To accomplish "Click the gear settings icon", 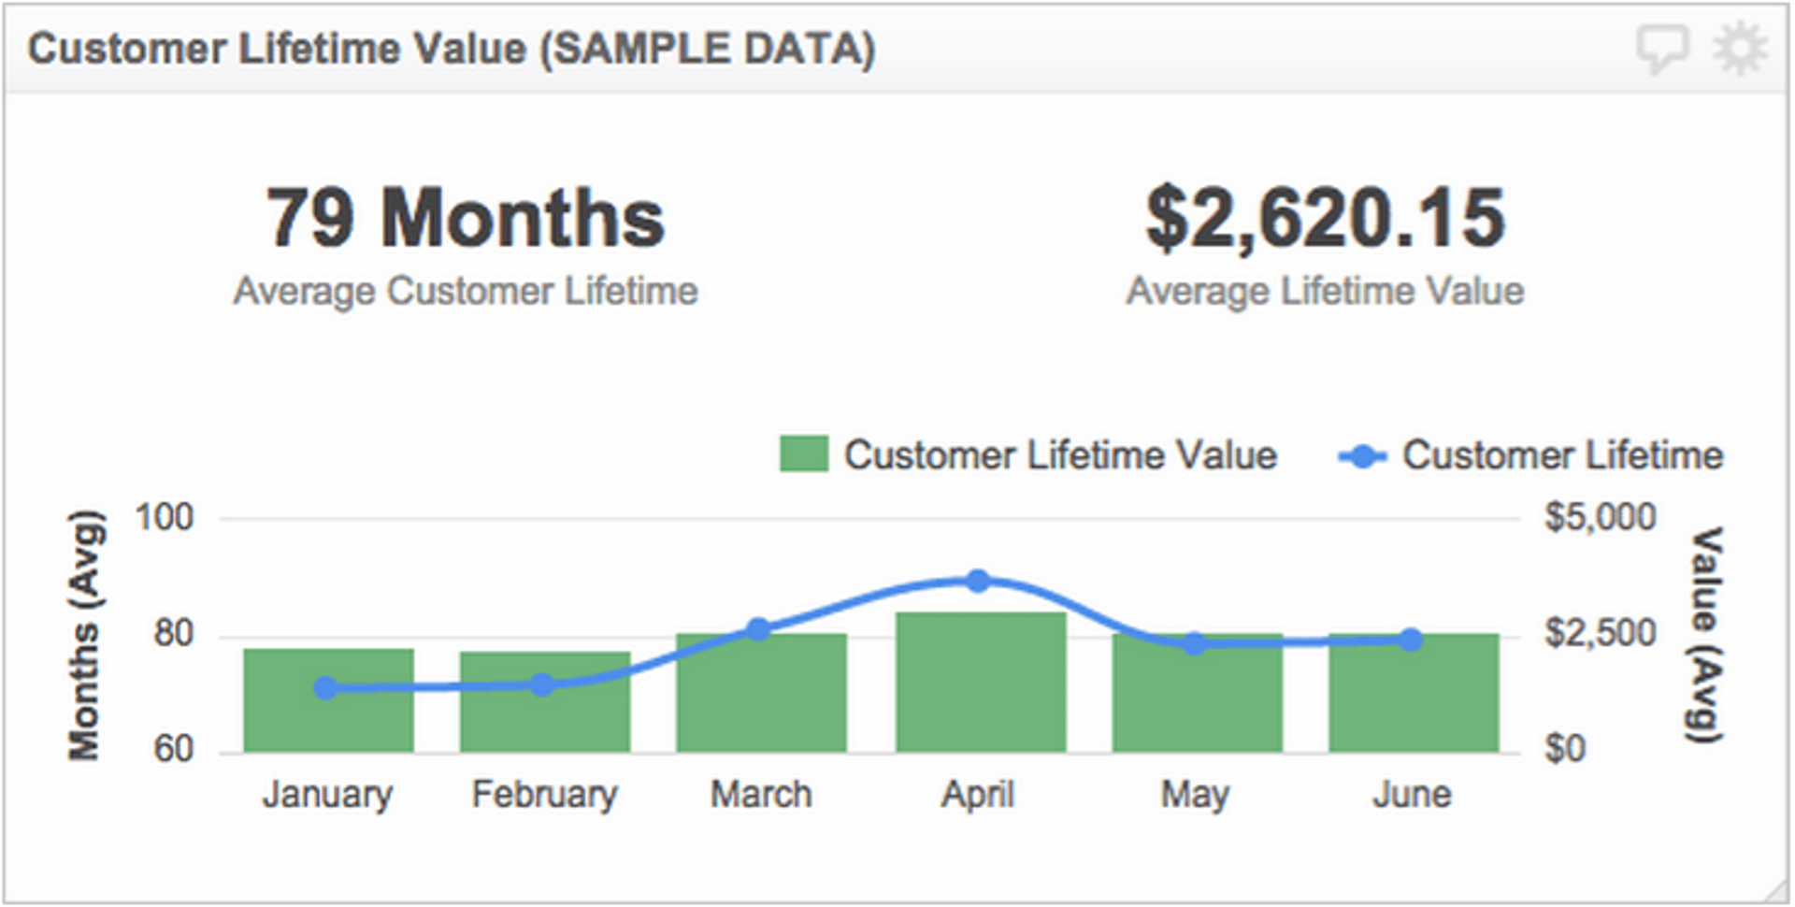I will click(1740, 49).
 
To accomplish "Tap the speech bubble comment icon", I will click(1662, 49).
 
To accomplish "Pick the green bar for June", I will click(1414, 697).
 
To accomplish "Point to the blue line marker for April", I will click(979, 582).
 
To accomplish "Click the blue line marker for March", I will click(759, 629).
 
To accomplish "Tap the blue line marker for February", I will click(542, 685).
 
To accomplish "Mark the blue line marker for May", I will click(1194, 643).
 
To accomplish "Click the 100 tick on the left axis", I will click(165, 517).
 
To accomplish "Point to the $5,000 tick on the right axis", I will click(1600, 517).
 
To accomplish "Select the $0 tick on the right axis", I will click(1565, 749).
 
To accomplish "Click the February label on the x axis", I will click(544, 795).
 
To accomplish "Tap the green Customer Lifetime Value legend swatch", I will click(804, 455).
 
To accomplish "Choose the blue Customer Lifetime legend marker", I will click(1362, 456).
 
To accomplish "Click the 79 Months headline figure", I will click(466, 218).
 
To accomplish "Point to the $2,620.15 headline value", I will click(1325, 218).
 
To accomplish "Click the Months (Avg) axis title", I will click(84, 635).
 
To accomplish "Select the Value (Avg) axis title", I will click(1708, 635).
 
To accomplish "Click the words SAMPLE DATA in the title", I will click(708, 49).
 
